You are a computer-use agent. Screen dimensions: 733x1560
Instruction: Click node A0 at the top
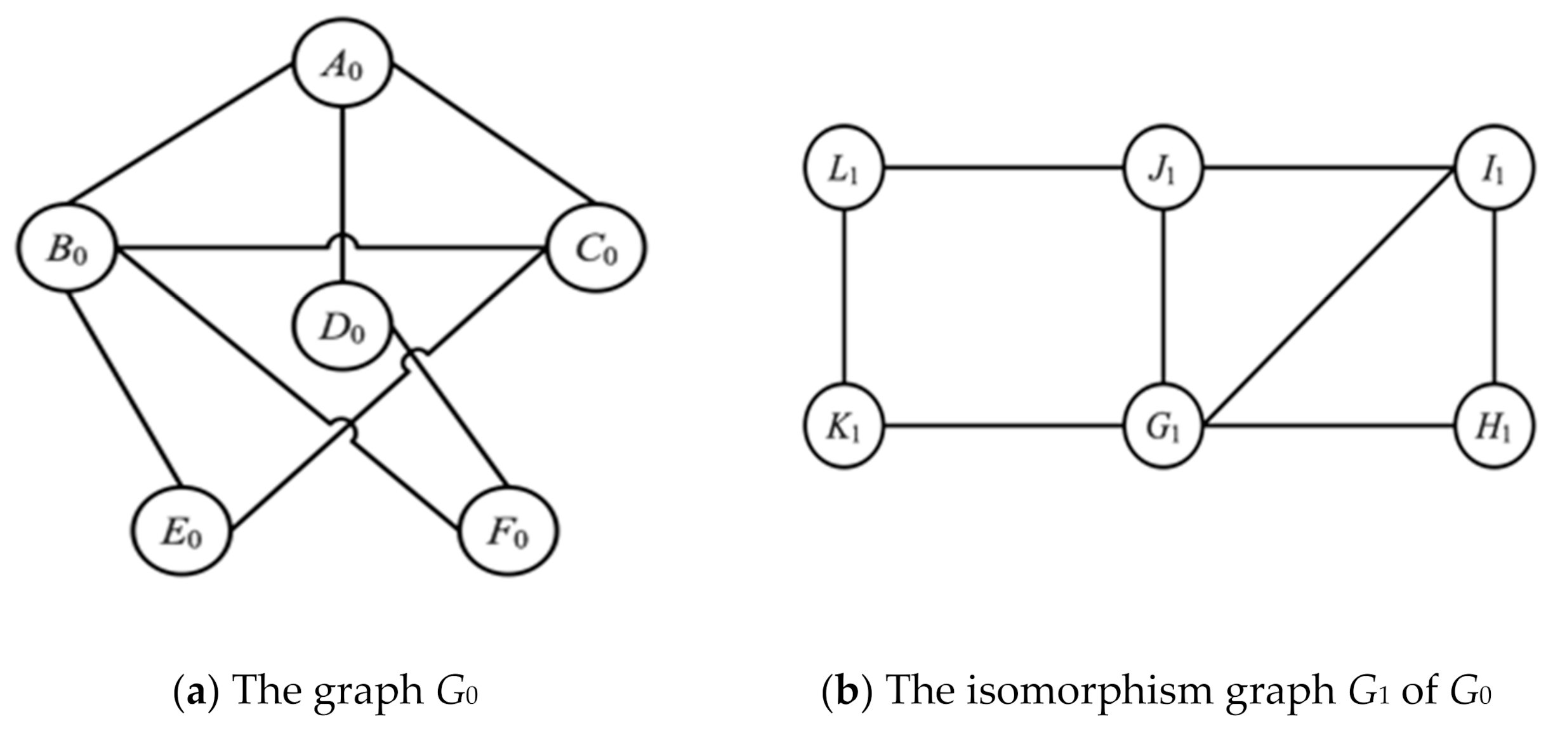(343, 63)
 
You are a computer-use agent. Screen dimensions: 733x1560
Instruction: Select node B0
(67, 248)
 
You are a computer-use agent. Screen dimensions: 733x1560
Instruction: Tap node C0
(596, 248)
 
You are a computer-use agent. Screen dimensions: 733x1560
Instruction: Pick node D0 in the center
(342, 326)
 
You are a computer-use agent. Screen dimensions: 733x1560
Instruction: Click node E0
(182, 531)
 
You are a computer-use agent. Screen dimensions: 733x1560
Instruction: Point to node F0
(508, 531)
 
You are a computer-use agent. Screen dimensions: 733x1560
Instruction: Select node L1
(843, 168)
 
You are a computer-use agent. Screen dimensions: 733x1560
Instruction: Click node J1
(1163, 168)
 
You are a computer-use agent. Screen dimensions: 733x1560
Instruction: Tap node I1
(1494, 168)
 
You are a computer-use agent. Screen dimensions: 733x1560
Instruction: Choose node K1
(843, 426)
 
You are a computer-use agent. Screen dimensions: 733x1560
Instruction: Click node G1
(1163, 426)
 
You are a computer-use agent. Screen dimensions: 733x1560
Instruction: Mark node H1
(1494, 426)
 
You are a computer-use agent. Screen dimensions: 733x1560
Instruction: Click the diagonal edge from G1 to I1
(1330, 296)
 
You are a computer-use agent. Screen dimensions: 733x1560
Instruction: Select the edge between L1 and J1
(1003, 168)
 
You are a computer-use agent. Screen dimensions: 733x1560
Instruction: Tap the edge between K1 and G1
(1003, 426)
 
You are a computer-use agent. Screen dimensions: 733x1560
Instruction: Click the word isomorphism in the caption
(1088, 690)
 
